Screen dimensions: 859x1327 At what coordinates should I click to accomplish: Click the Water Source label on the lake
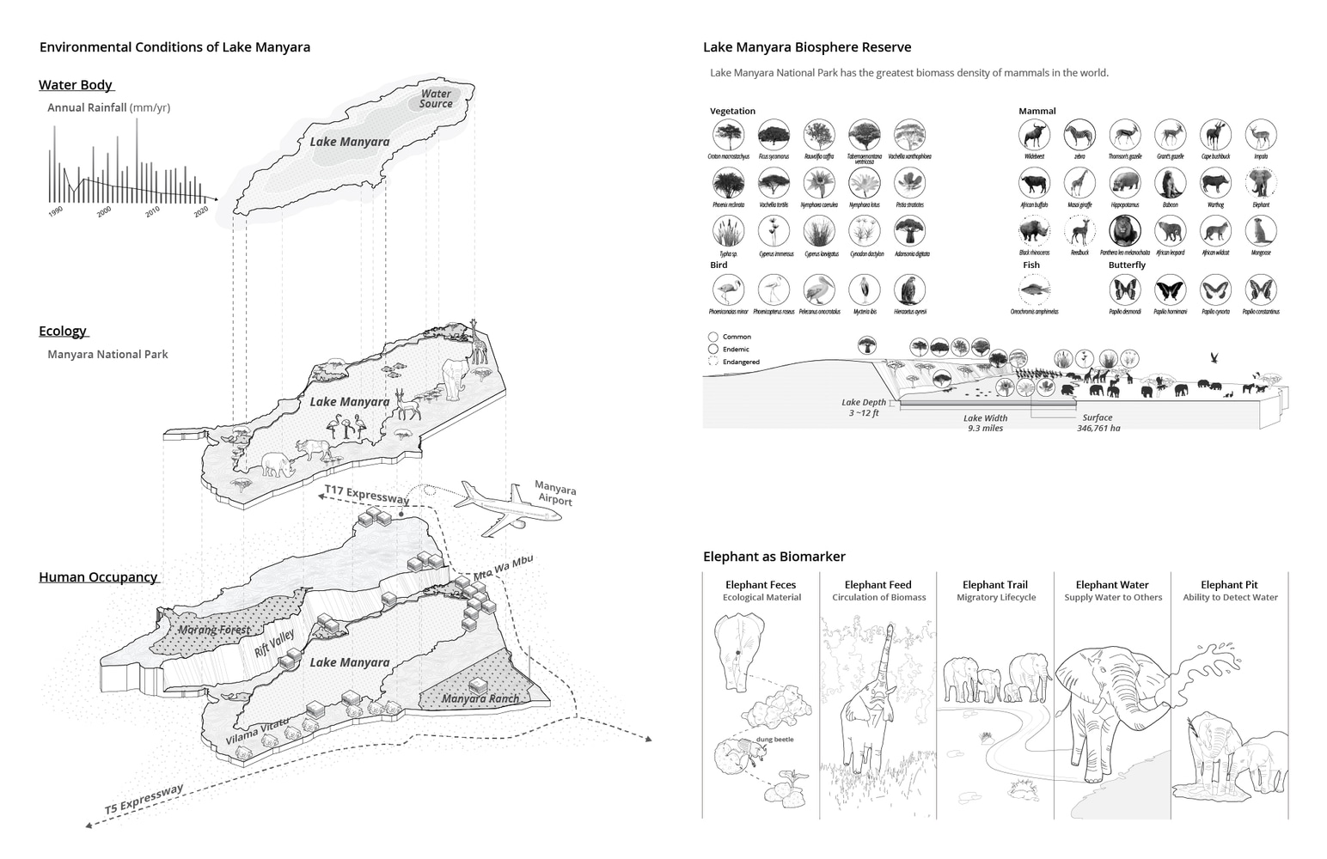tap(436, 99)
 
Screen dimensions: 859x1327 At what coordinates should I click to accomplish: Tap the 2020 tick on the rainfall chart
tap(201, 211)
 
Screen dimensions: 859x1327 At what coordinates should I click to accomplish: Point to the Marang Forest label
tap(215, 630)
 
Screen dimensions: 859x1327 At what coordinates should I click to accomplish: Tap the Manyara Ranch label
tap(480, 698)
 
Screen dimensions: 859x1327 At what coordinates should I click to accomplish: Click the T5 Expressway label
tap(144, 799)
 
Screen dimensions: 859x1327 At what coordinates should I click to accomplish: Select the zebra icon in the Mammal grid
tap(1079, 135)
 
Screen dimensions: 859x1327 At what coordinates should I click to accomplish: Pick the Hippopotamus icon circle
tap(1125, 183)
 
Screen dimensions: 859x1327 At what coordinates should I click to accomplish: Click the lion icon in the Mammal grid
tap(1125, 231)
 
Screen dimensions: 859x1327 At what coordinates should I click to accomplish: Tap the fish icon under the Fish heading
tap(1034, 289)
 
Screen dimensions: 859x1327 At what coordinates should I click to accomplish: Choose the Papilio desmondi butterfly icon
tap(1125, 289)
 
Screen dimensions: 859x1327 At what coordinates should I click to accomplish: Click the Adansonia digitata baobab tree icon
tap(909, 231)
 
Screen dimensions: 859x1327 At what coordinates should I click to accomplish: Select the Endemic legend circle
tap(713, 350)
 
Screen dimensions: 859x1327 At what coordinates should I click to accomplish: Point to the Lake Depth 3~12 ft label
tap(863, 407)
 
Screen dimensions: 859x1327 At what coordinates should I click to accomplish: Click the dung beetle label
tap(774, 739)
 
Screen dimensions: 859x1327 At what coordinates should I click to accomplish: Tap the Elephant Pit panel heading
tap(1229, 585)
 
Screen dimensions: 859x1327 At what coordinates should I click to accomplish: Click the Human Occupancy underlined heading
tap(98, 577)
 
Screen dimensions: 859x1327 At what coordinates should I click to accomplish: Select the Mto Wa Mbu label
tap(504, 568)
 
